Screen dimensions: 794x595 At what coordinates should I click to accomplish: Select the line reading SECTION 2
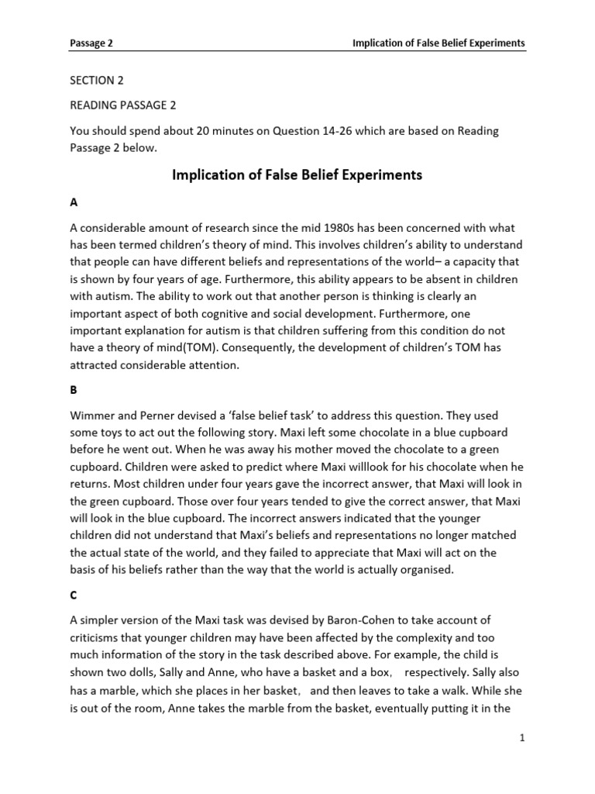point(97,81)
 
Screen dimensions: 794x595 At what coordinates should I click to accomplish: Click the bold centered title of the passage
point(297,175)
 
